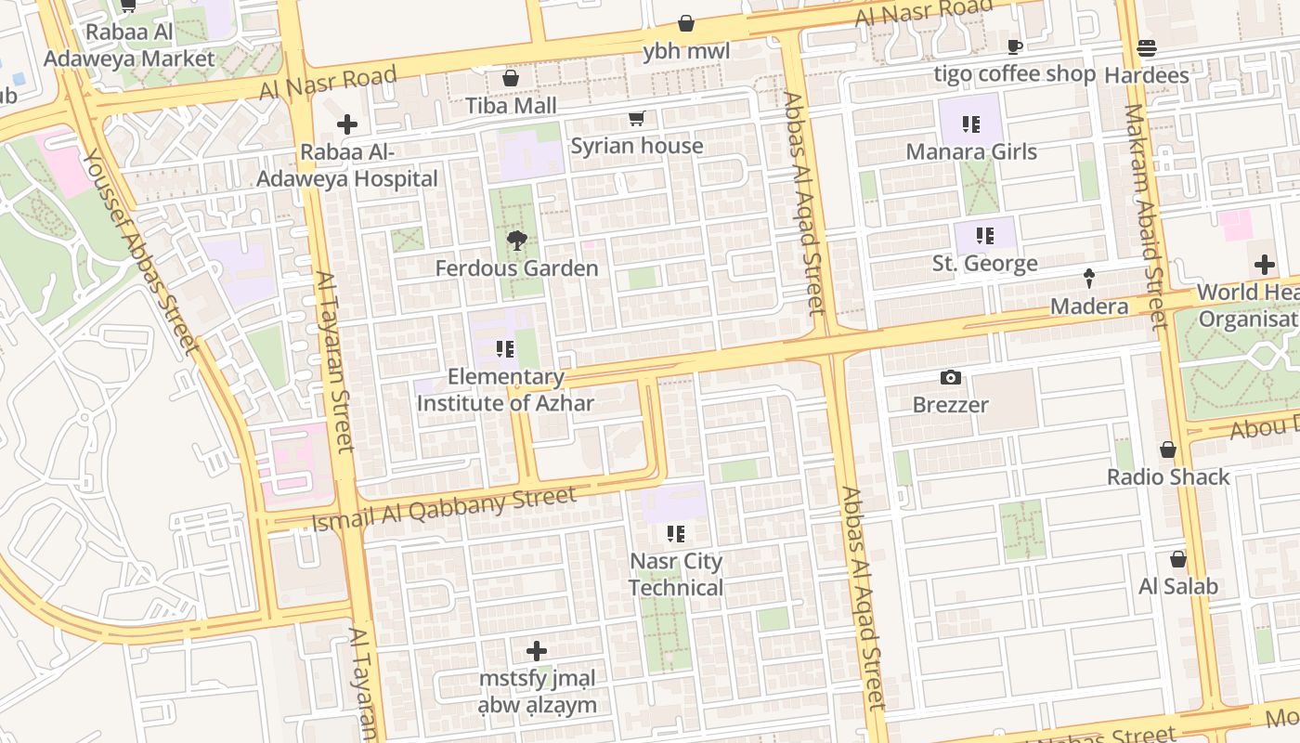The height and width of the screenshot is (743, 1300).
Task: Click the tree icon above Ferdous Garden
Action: coord(516,241)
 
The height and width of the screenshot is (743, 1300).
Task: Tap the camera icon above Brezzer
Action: coord(950,377)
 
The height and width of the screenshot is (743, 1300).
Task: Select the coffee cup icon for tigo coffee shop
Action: coord(1015,46)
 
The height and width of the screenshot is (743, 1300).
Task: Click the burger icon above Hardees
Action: coord(1147,48)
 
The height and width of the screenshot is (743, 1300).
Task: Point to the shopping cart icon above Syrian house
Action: coord(636,118)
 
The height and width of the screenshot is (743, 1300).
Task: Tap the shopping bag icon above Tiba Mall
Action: coord(510,78)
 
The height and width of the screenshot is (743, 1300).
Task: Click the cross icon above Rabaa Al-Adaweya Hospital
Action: coord(347,124)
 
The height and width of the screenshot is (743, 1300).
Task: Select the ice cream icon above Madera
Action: coord(1089,278)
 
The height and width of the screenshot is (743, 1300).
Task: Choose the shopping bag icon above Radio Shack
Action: coord(1167,450)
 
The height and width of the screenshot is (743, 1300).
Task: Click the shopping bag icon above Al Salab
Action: coord(1178,559)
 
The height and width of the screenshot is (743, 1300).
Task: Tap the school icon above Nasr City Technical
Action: coord(676,534)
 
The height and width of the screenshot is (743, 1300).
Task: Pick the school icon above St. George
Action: coord(984,236)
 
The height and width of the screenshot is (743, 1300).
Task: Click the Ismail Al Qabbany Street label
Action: coord(444,510)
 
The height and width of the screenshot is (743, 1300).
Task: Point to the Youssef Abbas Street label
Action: coord(140,251)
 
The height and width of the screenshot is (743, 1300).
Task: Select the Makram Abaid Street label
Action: coord(1144,216)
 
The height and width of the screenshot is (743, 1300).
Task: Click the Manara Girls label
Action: coord(971,151)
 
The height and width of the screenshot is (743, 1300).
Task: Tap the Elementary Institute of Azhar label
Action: coord(505,390)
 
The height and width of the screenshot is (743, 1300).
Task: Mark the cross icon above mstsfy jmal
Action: coord(537,651)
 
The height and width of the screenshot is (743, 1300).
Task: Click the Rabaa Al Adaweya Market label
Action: coord(129,46)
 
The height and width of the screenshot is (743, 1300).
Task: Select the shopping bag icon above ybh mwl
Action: coord(686,23)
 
